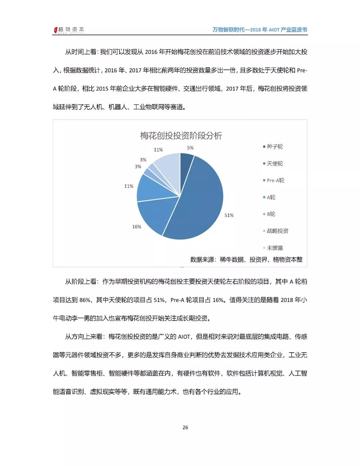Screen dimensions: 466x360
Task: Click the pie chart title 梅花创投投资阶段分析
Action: tap(181, 136)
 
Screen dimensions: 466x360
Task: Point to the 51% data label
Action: tap(229, 215)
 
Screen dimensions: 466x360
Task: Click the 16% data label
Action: tap(137, 227)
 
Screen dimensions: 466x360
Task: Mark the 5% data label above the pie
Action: tap(190, 148)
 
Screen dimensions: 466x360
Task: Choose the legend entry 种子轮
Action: tap(275, 146)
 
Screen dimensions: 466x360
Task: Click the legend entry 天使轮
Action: tap(275, 163)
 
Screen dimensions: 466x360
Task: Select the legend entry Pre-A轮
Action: tap(275, 180)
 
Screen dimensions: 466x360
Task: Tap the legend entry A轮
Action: tap(271, 197)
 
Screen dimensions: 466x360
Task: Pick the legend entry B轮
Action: tap(271, 214)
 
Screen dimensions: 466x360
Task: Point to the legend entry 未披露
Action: tap(275, 248)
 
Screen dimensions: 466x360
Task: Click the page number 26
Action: tap(185, 427)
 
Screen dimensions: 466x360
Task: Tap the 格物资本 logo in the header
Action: tap(69, 30)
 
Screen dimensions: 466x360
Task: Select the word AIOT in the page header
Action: tap(274, 30)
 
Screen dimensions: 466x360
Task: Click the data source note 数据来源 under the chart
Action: tap(246, 260)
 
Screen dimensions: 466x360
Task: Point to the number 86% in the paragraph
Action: tap(85, 300)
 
